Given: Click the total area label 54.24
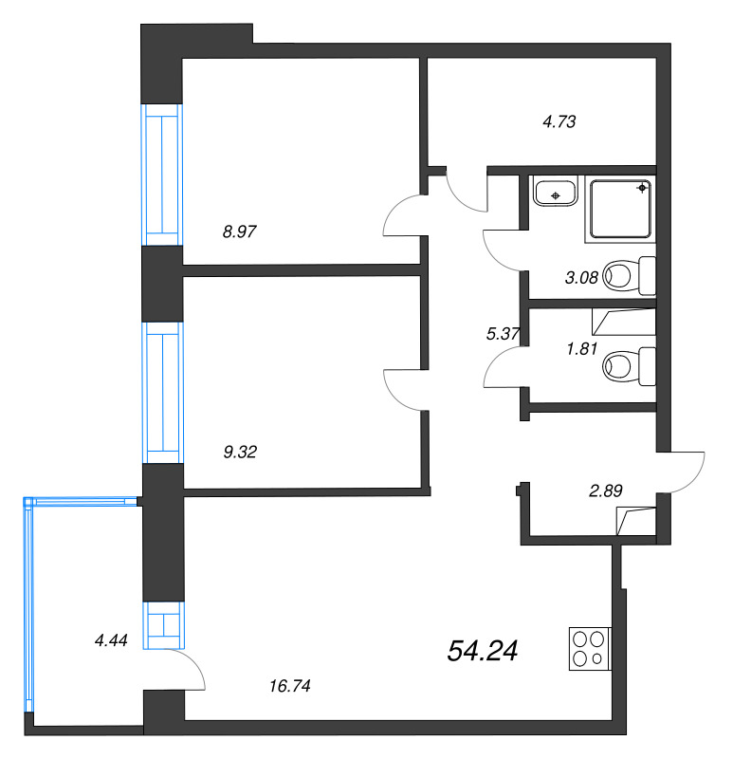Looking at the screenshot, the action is point(483,651).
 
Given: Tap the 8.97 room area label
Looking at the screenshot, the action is point(240,231).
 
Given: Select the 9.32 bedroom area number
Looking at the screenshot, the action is point(240,453).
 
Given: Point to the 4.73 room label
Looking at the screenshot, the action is point(559,121).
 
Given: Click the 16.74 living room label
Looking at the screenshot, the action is point(290,686).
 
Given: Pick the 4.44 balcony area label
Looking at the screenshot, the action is point(111,640).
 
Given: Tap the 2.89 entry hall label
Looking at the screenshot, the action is point(606,491).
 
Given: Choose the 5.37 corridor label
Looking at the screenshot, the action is point(503,334).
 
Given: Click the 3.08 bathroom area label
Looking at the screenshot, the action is point(581,278).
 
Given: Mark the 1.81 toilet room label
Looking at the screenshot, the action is point(582,348).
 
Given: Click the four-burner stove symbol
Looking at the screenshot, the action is point(590,649).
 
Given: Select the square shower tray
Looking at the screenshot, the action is point(620,209).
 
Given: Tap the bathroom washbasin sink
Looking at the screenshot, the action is point(556,192).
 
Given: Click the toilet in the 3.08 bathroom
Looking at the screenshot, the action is point(630,275).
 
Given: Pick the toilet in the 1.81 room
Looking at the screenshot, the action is point(630,366).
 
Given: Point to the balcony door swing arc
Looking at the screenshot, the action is point(192,662).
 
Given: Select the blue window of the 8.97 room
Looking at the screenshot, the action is point(162,175).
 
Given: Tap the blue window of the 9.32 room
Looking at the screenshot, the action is point(162,393).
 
